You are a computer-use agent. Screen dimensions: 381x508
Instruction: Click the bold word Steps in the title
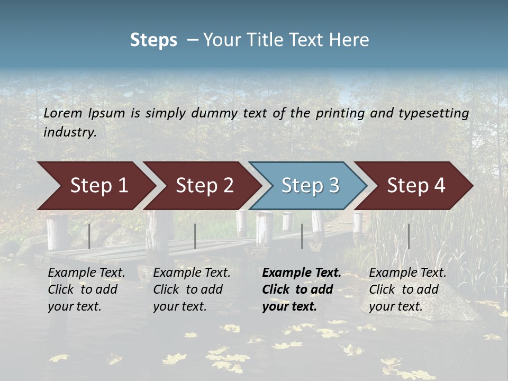pyautogui.click(x=153, y=40)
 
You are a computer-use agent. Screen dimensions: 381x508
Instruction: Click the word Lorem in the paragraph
pyautogui.click(x=63, y=113)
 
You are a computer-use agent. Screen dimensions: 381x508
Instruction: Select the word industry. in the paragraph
pyautogui.click(x=70, y=132)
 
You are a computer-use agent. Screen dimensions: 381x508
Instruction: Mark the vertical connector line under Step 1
pyautogui.click(x=89, y=236)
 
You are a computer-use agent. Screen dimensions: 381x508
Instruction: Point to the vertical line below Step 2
pyautogui.click(x=195, y=236)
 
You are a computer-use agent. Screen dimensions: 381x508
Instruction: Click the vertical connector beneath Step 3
pyautogui.click(x=302, y=236)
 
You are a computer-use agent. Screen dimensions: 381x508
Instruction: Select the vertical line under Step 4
pyautogui.click(x=409, y=236)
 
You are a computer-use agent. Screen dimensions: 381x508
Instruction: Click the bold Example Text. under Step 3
pyautogui.click(x=302, y=273)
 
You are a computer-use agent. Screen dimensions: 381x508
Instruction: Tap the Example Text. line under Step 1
pyautogui.click(x=86, y=273)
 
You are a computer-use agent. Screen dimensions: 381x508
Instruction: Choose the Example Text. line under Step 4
pyautogui.click(x=407, y=273)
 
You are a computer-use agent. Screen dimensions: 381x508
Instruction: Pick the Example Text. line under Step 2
pyautogui.click(x=192, y=273)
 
